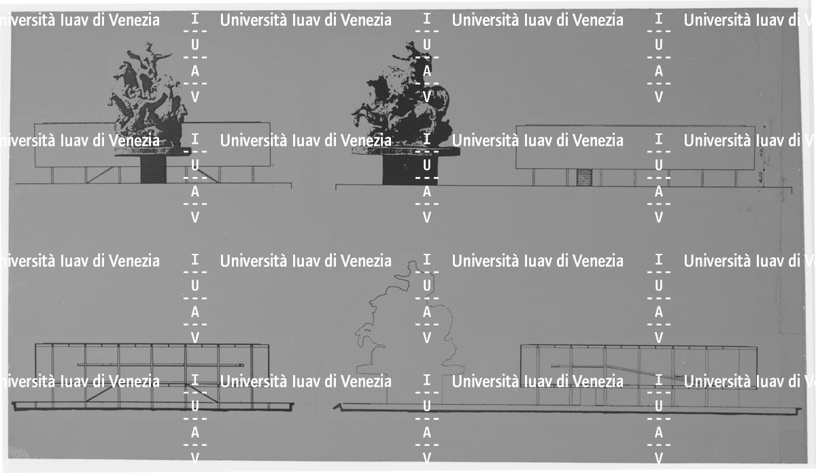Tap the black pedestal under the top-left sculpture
coord(153,169)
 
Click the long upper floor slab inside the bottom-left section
coord(160,365)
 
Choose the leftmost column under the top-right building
coord(534,178)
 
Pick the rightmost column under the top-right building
coord(734,178)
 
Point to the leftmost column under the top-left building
coord(52,175)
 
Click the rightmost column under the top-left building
coord(252,175)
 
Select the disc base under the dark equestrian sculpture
coord(401,153)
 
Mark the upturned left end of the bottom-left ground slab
coord(14,405)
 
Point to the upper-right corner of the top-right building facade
coord(755,126)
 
